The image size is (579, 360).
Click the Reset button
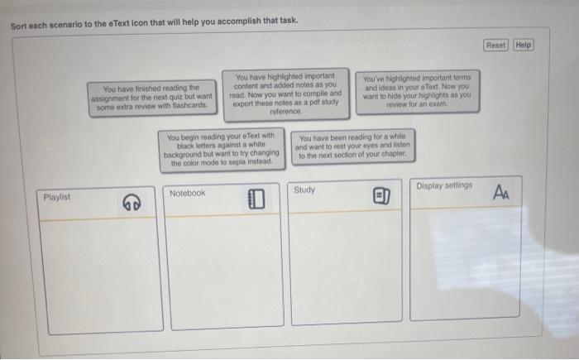(496, 45)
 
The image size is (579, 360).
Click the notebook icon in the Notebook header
(256, 199)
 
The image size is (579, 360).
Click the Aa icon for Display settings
(502, 192)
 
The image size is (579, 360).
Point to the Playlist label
(57, 198)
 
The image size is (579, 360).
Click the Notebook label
(187, 193)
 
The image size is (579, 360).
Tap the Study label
(304, 190)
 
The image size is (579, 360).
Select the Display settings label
(444, 185)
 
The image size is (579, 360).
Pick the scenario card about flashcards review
(152, 96)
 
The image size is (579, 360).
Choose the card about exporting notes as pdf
(285, 93)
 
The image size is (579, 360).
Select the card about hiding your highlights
(417, 89)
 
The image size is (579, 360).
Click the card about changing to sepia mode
(221, 149)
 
